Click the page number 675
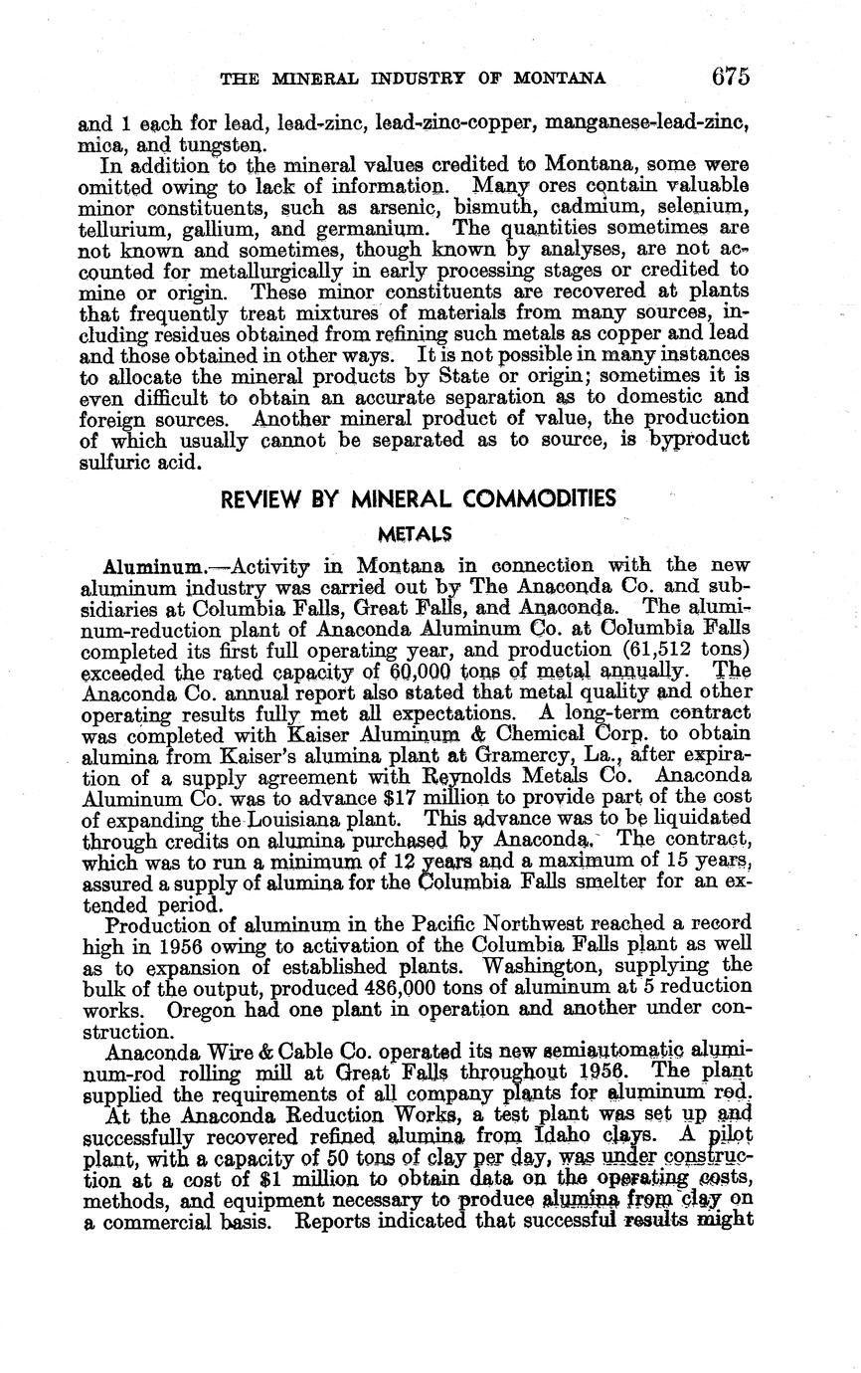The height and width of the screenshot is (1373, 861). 730,77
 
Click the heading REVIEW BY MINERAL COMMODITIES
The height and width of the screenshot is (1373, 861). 419,498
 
